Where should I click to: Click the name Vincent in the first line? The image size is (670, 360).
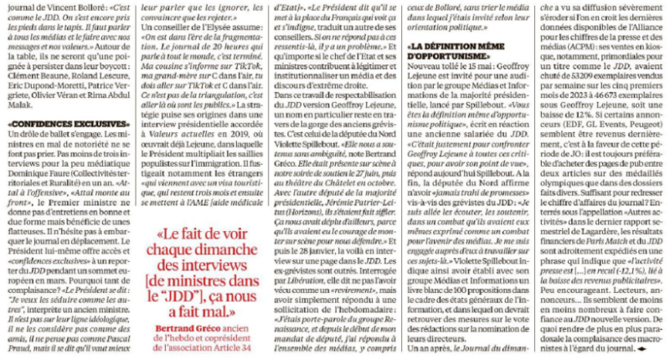click(x=55, y=6)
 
